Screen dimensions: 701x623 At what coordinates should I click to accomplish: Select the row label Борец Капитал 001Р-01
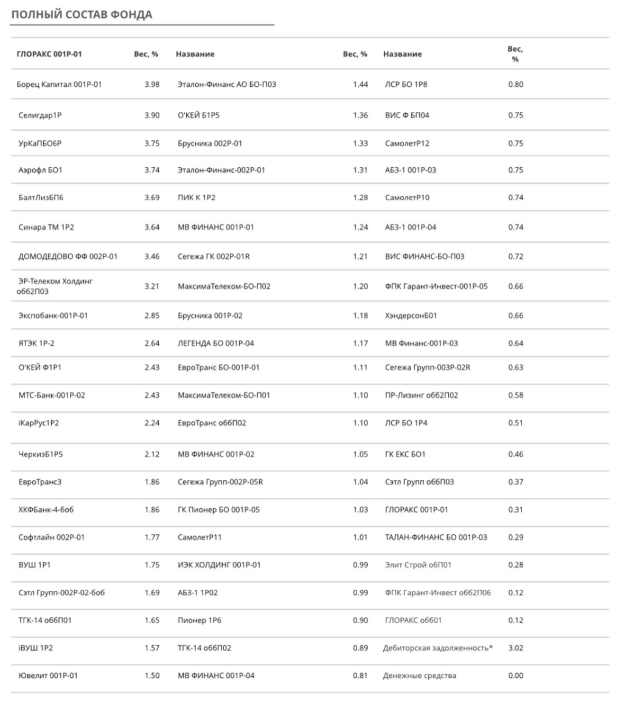click(58, 85)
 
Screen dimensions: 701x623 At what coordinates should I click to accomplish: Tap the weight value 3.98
click(151, 85)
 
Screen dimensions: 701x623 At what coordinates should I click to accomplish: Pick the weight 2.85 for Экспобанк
click(151, 316)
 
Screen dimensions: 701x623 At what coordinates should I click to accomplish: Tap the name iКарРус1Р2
click(39, 424)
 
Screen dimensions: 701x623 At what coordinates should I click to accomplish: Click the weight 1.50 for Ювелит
click(151, 675)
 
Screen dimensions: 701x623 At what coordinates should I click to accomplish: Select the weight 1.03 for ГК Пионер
click(360, 509)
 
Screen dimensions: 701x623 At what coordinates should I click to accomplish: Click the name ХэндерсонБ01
click(411, 316)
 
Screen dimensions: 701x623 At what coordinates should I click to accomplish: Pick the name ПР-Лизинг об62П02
click(421, 396)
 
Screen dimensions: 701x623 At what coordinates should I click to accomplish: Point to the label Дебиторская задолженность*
click(437, 648)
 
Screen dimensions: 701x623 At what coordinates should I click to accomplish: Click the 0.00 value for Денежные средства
click(515, 675)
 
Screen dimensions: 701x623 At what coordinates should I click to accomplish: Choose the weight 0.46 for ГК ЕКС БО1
click(515, 454)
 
